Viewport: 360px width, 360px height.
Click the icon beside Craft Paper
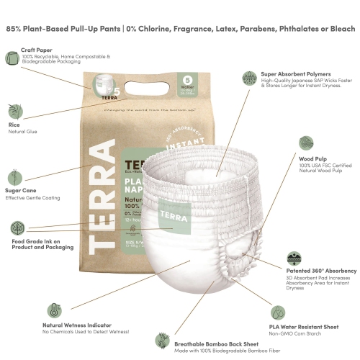12,58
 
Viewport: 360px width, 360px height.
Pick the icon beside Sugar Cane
12,176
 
